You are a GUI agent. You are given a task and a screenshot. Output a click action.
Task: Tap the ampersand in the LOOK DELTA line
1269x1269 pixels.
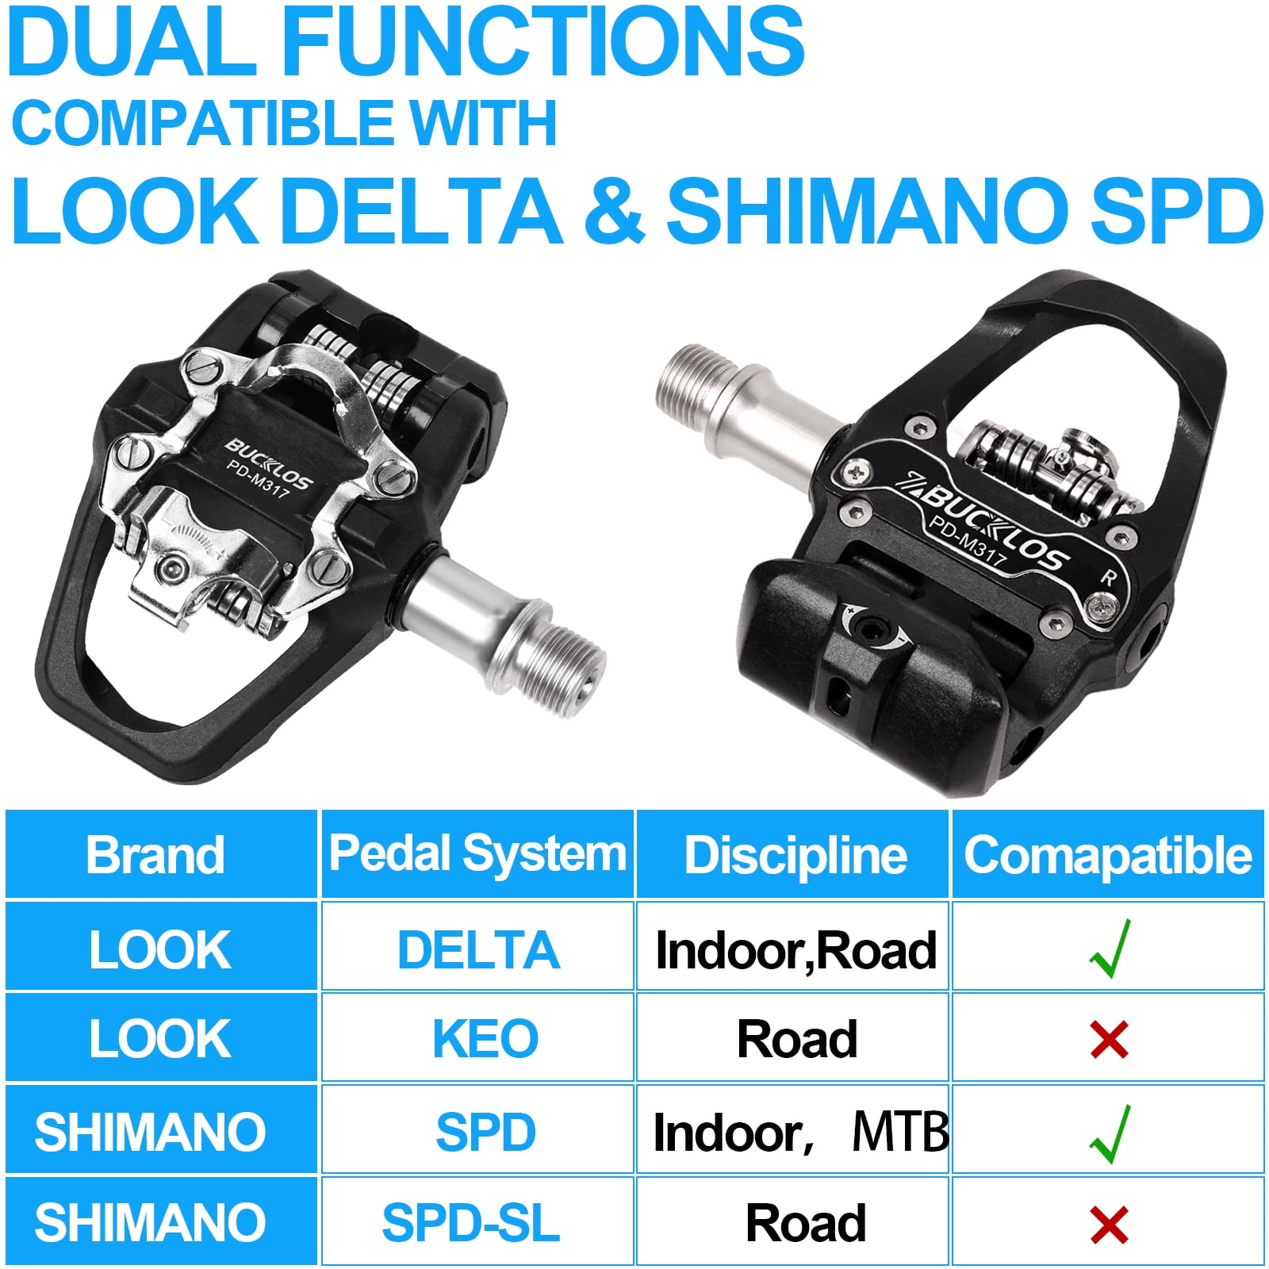(614, 210)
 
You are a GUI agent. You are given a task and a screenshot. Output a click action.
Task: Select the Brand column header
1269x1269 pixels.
(155, 855)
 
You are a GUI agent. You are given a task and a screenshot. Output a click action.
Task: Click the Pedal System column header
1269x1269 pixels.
(477, 854)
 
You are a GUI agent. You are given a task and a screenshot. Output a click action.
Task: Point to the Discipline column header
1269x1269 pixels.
(796, 855)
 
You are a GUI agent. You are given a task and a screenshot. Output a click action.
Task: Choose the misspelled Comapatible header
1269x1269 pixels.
(1108, 855)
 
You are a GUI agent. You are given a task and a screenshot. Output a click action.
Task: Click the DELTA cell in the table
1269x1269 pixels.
(478, 949)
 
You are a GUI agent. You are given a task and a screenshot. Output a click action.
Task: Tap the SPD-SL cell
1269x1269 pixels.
(471, 1222)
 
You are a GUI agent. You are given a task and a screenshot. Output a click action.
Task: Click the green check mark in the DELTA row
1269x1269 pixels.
(1110, 949)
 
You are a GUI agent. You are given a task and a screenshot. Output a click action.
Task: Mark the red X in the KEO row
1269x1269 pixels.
(1109, 1040)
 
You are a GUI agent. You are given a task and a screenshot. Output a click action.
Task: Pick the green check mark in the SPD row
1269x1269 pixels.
(1110, 1133)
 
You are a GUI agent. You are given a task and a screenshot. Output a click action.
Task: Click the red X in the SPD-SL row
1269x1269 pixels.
(1109, 1225)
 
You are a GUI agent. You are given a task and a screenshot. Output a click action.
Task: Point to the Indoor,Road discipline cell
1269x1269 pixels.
(796, 950)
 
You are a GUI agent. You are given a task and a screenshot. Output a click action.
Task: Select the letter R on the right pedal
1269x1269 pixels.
(1108, 577)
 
